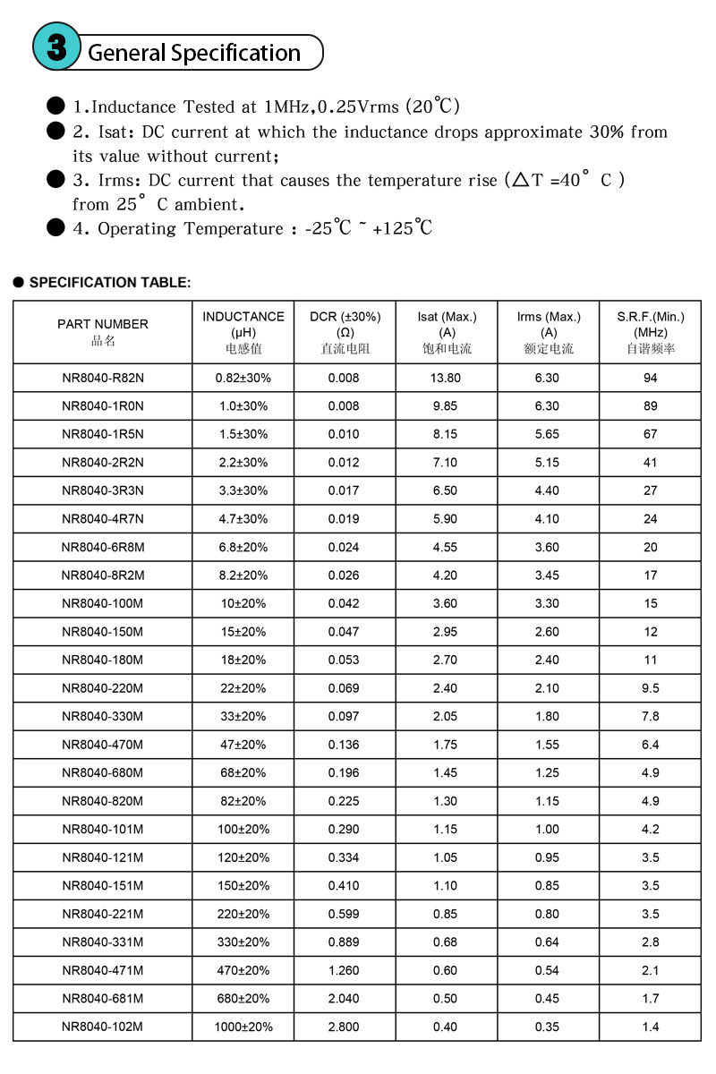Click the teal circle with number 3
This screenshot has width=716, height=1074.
56,47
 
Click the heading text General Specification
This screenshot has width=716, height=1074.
194,53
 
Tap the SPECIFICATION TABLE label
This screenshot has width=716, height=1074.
110,283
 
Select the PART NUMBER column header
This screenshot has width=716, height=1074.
103,331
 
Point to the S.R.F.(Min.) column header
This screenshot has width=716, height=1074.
651,332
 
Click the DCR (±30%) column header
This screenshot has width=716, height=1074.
345,332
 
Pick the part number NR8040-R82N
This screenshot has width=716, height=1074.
103,378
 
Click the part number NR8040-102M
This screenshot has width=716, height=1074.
103,1027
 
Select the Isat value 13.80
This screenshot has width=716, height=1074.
445,378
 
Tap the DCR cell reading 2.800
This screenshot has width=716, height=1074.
344,1027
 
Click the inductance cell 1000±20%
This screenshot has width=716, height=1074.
243,1027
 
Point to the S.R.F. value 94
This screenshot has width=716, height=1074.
651,378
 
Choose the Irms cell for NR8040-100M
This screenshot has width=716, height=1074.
547,603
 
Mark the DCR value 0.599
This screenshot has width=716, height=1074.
344,914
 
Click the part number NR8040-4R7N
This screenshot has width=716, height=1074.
103,519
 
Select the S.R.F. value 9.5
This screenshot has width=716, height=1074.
651,688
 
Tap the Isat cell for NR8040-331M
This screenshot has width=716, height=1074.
445,942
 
